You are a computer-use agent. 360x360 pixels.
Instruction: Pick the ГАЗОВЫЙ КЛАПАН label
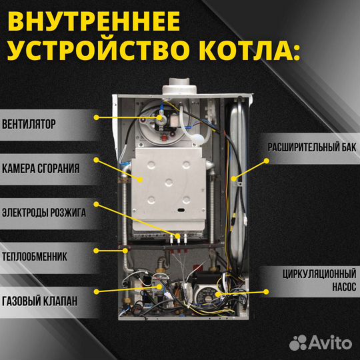(39, 301)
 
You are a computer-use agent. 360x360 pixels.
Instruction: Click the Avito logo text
(331, 343)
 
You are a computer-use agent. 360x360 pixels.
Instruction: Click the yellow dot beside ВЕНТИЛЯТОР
(96, 117)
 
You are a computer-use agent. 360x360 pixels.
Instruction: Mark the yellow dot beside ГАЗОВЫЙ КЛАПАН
(96, 291)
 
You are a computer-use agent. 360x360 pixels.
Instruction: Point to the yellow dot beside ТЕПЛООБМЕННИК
(96, 251)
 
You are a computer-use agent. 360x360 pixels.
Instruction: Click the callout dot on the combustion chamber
(141, 179)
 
